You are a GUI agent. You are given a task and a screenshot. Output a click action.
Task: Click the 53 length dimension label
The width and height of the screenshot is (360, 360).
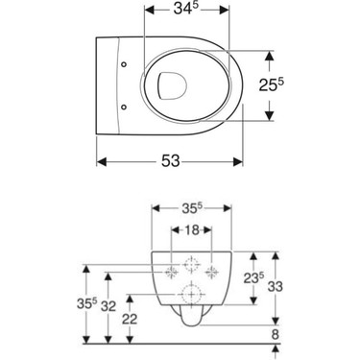point(171,160)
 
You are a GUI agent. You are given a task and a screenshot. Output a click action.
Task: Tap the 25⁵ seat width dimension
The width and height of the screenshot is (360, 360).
point(272,84)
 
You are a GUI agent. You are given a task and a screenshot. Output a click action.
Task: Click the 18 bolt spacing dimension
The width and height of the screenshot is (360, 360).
point(192,229)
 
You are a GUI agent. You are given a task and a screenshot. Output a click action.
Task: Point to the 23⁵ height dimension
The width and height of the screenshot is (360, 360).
point(254,277)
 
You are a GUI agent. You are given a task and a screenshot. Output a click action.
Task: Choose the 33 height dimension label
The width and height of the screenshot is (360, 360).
point(275,286)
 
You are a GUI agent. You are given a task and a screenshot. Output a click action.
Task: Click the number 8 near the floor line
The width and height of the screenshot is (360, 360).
point(275,335)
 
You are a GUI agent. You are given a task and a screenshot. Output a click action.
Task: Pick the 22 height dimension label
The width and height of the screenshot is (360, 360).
point(130,319)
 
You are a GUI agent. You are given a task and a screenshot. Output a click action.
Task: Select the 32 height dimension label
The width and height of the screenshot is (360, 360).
point(108,306)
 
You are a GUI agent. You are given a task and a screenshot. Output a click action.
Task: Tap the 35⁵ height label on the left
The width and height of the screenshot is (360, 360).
point(86,303)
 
